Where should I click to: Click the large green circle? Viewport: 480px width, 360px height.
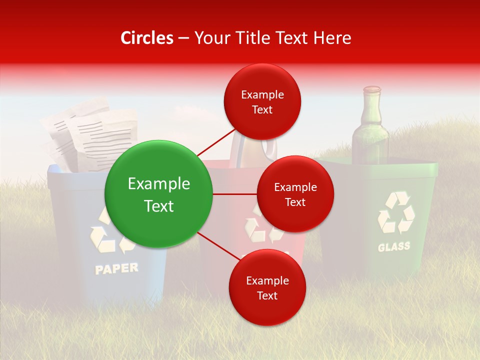click(x=159, y=194)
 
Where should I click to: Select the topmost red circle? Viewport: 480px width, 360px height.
click(x=262, y=101)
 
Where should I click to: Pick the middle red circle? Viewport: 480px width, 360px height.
click(x=295, y=194)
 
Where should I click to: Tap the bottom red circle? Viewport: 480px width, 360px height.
click(x=267, y=287)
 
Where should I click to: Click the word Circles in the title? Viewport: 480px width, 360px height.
click(x=147, y=38)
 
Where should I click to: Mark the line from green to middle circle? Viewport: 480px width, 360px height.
click(x=235, y=194)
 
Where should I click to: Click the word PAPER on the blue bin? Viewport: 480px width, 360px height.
click(x=116, y=268)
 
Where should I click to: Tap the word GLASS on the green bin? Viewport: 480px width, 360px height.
click(x=394, y=246)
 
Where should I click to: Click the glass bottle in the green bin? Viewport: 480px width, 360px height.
click(x=370, y=132)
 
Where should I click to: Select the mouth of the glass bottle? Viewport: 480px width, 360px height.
click(x=371, y=89)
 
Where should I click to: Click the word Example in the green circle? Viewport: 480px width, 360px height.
click(x=159, y=184)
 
